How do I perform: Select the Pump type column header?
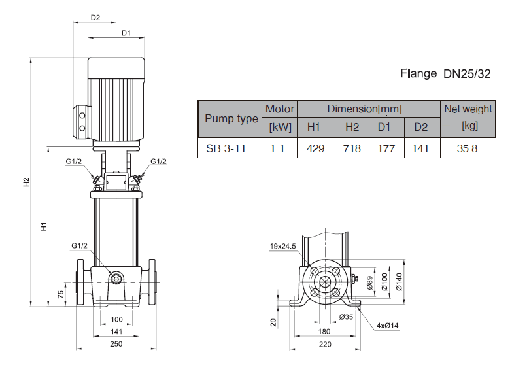[231, 118]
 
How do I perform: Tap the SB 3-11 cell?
[226, 148]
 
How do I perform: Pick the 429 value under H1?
[315, 148]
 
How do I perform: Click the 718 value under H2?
[352, 148]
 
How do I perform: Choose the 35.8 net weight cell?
[467, 148]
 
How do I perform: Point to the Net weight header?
[468, 109]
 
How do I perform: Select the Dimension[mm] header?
[364, 109]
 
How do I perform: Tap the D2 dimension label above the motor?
[95, 18]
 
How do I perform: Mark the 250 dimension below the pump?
[116, 343]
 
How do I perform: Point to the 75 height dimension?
[60, 294]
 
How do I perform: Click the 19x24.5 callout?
[283, 247]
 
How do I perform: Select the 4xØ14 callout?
[387, 325]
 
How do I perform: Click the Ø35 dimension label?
[347, 317]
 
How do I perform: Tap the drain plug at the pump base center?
[116, 279]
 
